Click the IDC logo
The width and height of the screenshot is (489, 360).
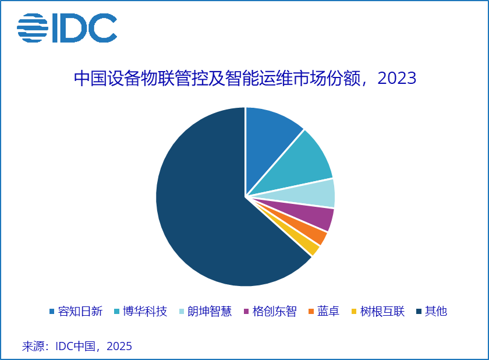click(67, 27)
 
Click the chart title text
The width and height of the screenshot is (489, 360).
click(245, 78)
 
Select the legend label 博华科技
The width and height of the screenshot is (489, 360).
click(145, 311)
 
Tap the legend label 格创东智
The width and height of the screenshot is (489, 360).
click(274, 311)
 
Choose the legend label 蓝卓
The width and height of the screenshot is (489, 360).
click(328, 311)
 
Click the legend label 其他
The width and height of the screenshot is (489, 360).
click(436, 311)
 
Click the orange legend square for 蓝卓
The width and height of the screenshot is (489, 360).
click(311, 312)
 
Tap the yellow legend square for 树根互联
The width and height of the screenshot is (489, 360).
click(354, 312)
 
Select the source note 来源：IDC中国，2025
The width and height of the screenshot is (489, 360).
click(77, 347)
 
